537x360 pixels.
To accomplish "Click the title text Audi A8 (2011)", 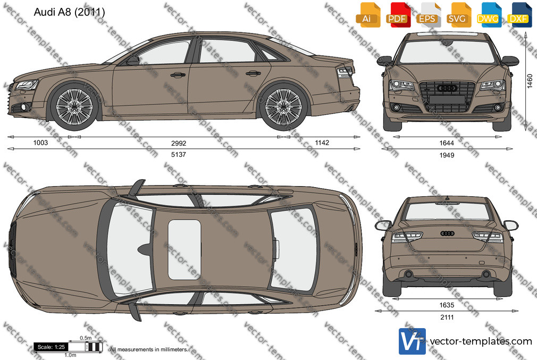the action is pos(69,12).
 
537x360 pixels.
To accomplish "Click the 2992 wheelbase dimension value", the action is pos(179,143).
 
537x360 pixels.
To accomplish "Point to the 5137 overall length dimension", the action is pos(179,155).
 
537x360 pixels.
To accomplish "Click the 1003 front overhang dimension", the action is pos(40,143).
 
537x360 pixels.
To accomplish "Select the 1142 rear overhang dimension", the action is pos(322,143).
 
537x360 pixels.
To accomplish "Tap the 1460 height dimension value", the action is pos(530,81).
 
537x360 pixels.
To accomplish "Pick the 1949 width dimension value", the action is pos(447,155).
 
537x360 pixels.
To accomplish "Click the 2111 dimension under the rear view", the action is pos(447,317).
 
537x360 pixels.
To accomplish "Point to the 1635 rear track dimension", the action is pos(447,305).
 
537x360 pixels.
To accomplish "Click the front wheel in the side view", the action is pos(74,106).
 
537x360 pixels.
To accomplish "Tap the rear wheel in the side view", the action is pos(283,106).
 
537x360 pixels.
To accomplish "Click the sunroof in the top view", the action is pos(184,249).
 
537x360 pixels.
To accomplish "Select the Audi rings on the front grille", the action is pos(447,88).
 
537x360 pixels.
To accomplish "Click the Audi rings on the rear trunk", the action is pos(447,233).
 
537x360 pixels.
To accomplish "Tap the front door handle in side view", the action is pos(178,74).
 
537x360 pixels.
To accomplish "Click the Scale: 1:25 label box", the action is pos(51,347).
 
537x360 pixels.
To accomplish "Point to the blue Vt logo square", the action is pos(413,341).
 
